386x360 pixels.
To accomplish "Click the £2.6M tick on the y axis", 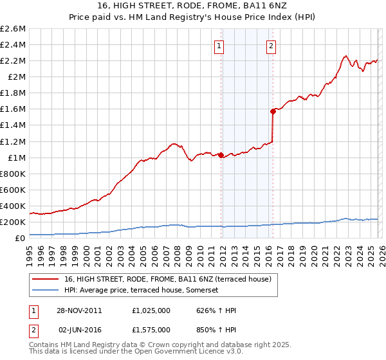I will tap(14, 29).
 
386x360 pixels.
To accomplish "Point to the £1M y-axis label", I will tap(17, 157).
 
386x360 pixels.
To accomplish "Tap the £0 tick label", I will tap(21, 239).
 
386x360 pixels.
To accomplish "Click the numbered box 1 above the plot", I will tap(220, 46).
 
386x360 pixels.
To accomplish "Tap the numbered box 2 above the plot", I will tap(271, 46).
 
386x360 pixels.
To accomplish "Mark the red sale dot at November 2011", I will tap(221, 155).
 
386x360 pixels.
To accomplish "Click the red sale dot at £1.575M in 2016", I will tap(273, 111).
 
